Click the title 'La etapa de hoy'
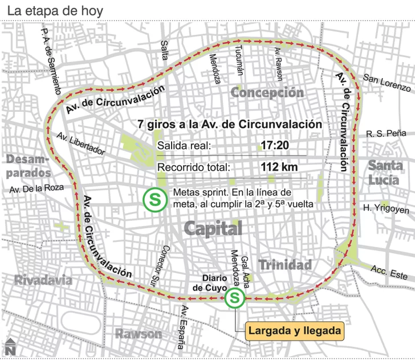pos(51,11)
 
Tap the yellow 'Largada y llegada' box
pos(295,330)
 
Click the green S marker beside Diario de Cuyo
pos(234,298)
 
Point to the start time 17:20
pos(274,145)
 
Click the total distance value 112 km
pos(279,168)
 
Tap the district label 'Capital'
pos(213,229)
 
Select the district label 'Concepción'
pos(267,92)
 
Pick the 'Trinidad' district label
pos(285,265)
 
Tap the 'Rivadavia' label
pos(43,280)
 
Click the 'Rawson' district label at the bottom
pos(139,333)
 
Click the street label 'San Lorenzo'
pos(387,83)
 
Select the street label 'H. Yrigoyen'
pos(386,209)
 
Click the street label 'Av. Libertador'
pos(81,144)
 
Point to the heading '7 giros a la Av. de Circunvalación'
pos(230,124)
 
